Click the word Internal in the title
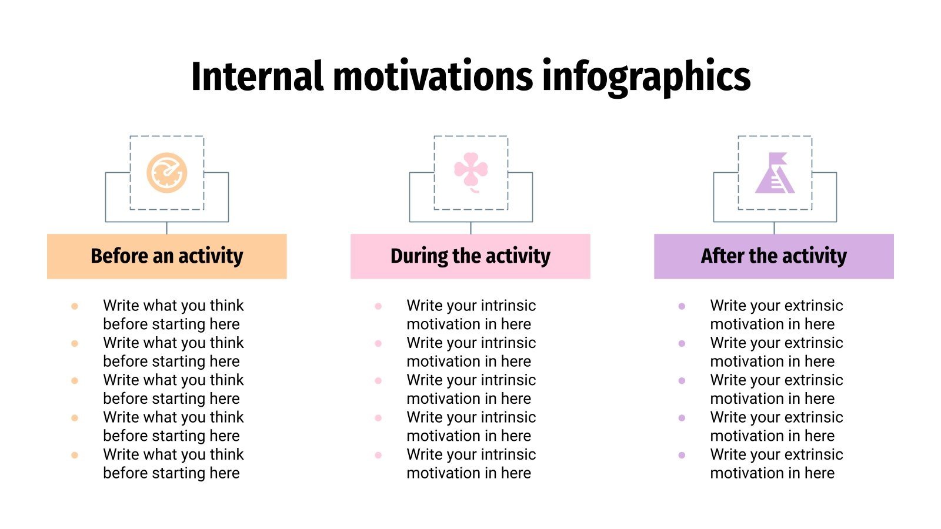pyautogui.click(x=257, y=76)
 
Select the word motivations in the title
pyautogui.click(x=433, y=76)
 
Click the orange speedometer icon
pyautogui.click(x=167, y=173)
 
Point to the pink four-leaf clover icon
pyautogui.click(x=471, y=171)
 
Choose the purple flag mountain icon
pyautogui.click(x=775, y=173)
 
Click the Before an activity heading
pyautogui.click(x=167, y=256)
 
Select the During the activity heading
pyautogui.click(x=470, y=256)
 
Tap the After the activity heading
pyautogui.click(x=774, y=256)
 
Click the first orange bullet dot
pyautogui.click(x=75, y=306)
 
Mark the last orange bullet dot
pyautogui.click(x=75, y=455)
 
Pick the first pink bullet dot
pyautogui.click(x=378, y=306)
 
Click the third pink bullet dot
pyautogui.click(x=378, y=381)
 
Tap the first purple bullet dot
pyautogui.click(x=682, y=306)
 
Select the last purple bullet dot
pyautogui.click(x=682, y=455)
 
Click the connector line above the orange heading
pyautogui.click(x=167, y=228)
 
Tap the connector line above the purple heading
pyautogui.click(x=774, y=228)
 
